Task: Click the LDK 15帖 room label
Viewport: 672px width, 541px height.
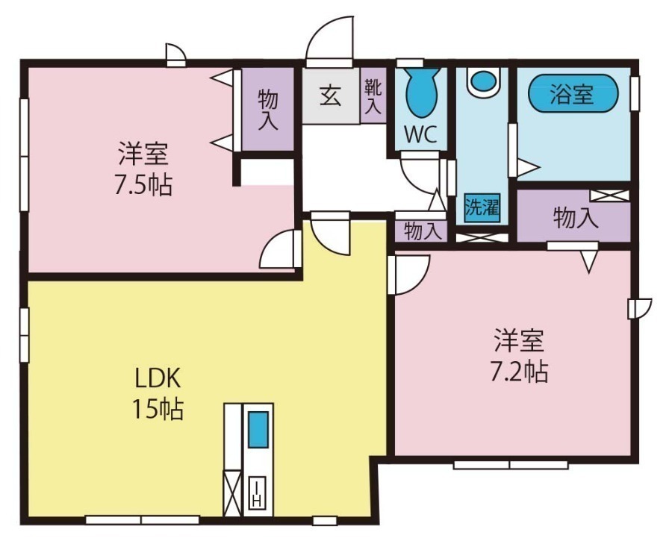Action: point(158,393)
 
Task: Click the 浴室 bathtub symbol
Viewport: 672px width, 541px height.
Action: point(573,95)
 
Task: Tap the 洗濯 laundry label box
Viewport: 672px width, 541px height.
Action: point(482,207)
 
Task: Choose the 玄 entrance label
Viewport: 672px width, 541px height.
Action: point(331,96)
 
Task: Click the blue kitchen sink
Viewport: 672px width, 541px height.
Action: point(258,430)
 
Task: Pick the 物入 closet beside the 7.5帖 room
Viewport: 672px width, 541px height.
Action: point(268,109)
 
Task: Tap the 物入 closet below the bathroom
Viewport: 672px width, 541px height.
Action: point(575,218)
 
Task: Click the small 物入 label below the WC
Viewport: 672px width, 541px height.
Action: point(423,231)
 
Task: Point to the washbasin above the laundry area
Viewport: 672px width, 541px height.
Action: point(482,81)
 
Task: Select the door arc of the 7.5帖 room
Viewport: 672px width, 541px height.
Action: point(279,250)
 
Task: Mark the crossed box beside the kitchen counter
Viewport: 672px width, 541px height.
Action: point(233,492)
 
